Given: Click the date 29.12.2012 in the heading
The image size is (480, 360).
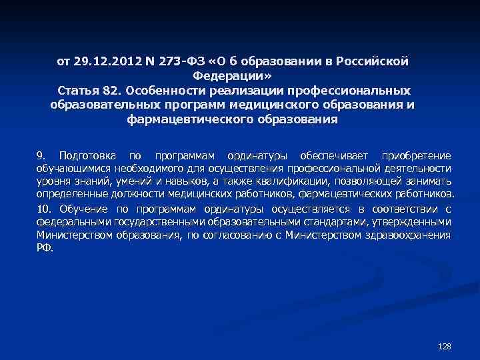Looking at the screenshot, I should tap(101, 61).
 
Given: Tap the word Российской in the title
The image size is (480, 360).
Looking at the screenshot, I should tap(374, 61).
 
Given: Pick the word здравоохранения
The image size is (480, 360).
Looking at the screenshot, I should tap(406, 235).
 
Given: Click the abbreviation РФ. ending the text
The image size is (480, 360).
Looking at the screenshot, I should tap(43, 247).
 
